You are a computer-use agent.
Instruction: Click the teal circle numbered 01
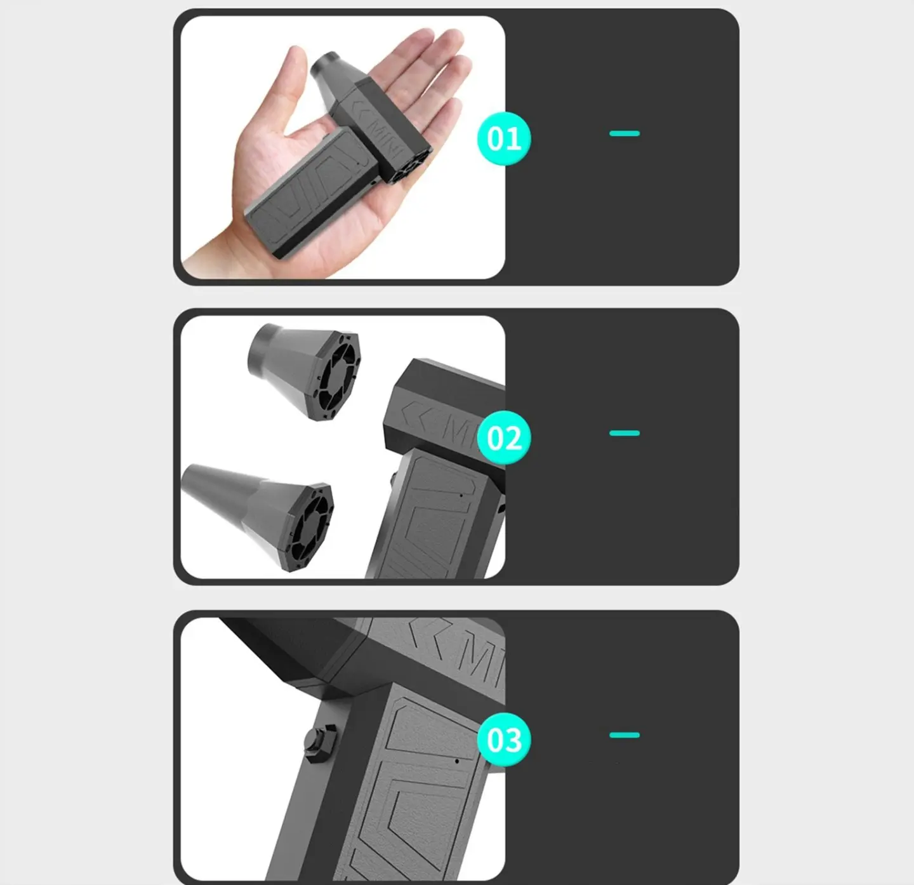(504, 138)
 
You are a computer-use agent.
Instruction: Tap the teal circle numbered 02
(504, 438)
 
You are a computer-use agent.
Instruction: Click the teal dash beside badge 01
(624, 133)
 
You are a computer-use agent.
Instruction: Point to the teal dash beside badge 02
(624, 433)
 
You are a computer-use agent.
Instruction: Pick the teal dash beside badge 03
(624, 735)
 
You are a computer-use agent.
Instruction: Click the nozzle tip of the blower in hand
(324, 66)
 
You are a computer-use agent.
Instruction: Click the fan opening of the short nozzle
(339, 376)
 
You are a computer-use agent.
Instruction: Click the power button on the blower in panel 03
(321, 742)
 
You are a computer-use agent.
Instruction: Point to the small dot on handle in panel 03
(457, 761)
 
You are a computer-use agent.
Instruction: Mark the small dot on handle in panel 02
(461, 495)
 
